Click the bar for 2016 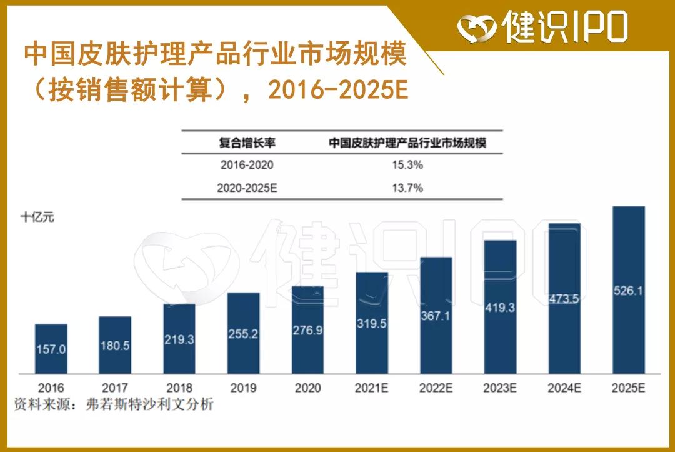tap(51, 349)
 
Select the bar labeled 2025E tap(628, 290)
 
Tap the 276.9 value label tap(307, 330)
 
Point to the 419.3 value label tap(500, 308)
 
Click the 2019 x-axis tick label tap(243, 388)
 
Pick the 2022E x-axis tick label tap(436, 388)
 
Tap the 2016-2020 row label tap(247, 166)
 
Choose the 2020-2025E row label tap(247, 188)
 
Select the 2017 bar tap(115, 345)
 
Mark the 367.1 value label tap(436, 316)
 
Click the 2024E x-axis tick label tap(564, 388)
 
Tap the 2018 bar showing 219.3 tap(179, 339)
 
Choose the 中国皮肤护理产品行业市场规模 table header tap(407, 143)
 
